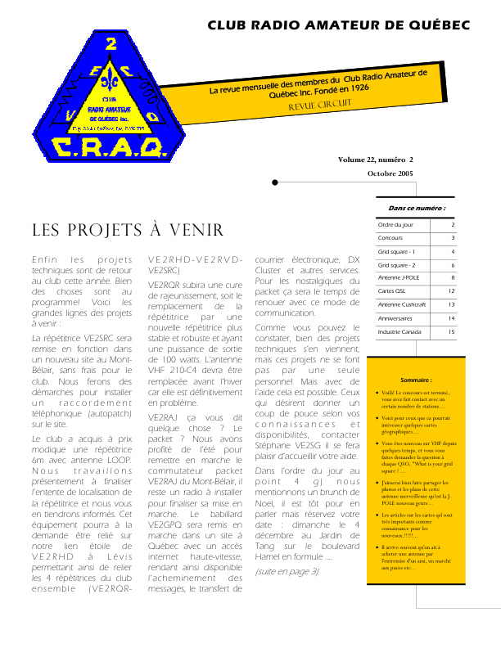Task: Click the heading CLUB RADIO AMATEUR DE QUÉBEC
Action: [338, 25]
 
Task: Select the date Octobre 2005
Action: [390, 174]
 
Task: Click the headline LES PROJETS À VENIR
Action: [127, 230]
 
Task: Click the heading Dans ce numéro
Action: [417, 208]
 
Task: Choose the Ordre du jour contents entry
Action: [395, 224]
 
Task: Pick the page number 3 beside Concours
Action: [453, 238]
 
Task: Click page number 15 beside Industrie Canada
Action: [451, 332]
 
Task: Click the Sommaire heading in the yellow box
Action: [417, 380]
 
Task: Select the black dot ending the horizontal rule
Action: [275, 182]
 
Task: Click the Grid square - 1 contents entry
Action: [396, 251]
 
